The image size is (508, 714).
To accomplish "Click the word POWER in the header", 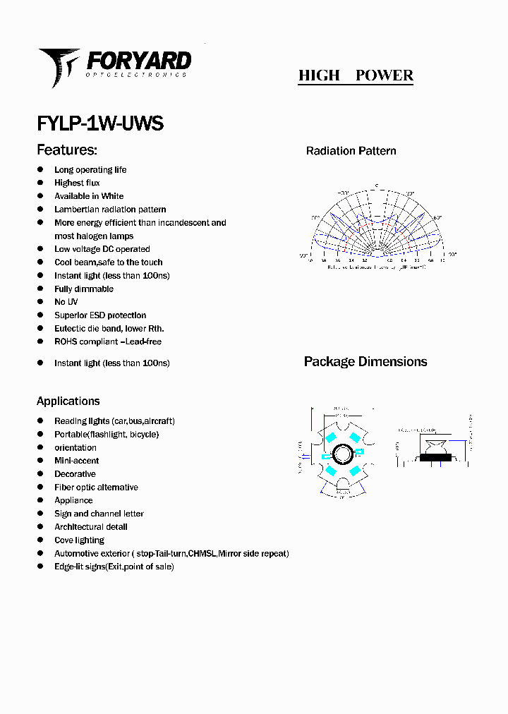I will pyautogui.click(x=385, y=75).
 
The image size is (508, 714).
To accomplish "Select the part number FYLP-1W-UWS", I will pyautogui.click(x=100, y=123).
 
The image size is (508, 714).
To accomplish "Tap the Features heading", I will pyautogui.click(x=67, y=150).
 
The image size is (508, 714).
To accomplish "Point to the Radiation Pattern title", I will pyautogui.click(x=351, y=151).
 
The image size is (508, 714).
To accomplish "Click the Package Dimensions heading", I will pyautogui.click(x=365, y=361).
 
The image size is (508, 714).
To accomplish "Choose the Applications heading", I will pyautogui.click(x=68, y=401).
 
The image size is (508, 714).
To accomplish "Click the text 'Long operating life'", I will pyautogui.click(x=90, y=170).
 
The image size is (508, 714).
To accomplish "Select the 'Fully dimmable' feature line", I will pyautogui.click(x=84, y=289).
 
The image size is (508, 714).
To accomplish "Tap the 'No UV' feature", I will pyautogui.click(x=66, y=302).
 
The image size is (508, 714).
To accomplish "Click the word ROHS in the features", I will pyautogui.click(x=66, y=342).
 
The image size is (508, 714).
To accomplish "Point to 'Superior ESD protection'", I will pyautogui.click(x=100, y=315).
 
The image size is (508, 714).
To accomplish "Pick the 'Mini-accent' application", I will pyautogui.click(x=77, y=461).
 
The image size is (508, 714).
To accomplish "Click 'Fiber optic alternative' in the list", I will pyautogui.click(x=96, y=488).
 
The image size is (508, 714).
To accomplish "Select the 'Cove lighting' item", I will pyautogui.click(x=79, y=540).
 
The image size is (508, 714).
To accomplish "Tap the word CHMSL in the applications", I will pyautogui.click(x=202, y=554).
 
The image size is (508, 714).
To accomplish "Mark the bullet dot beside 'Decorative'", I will pyautogui.click(x=40, y=474).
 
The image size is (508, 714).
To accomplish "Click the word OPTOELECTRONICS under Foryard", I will pyautogui.click(x=137, y=74).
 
